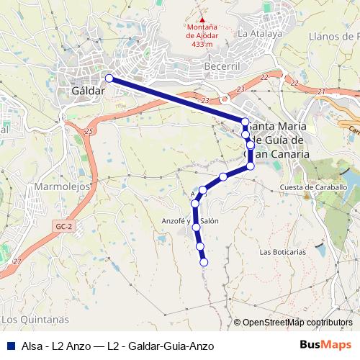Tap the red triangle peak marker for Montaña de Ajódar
pyautogui.click(x=202, y=20)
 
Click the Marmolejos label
pyautogui.click(x=62, y=186)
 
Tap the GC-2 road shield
pyautogui.click(x=64, y=227)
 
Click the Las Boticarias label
pyautogui.click(x=283, y=252)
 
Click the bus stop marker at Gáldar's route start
pyautogui.click(x=109, y=78)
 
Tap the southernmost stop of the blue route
pyautogui.click(x=203, y=263)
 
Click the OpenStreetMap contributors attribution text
pyautogui.click(x=297, y=323)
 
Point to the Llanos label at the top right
pyautogui.click(x=332, y=37)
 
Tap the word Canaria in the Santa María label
pyautogui.click(x=289, y=154)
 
